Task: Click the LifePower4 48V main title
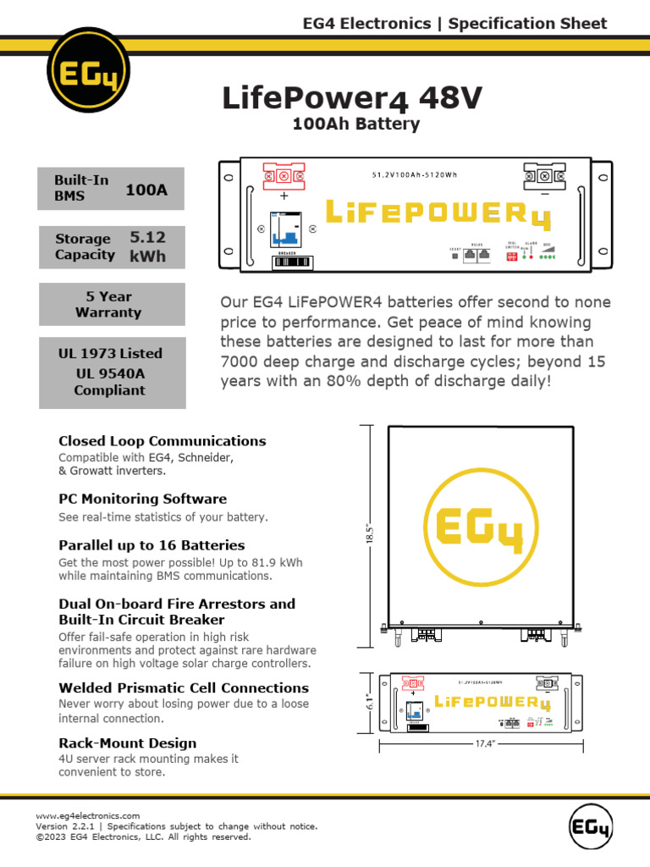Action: point(352,99)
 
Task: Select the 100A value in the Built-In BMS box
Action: point(146,191)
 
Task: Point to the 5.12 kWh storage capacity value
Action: point(147,246)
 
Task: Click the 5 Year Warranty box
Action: point(112,304)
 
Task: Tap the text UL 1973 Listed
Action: point(110,353)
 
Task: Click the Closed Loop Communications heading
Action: point(162,441)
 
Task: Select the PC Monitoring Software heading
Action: point(142,499)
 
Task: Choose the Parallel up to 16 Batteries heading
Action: point(151,545)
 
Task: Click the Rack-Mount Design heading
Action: point(127,743)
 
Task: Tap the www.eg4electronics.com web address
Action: point(87,815)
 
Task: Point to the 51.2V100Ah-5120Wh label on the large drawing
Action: point(414,176)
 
